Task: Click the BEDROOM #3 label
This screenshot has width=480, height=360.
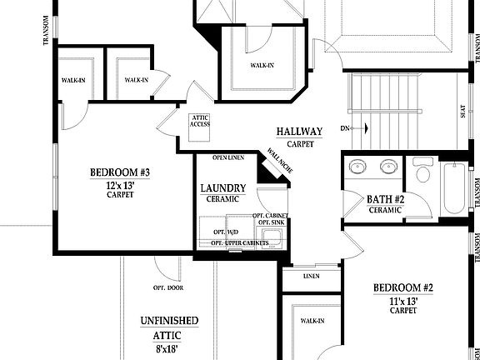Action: point(119,172)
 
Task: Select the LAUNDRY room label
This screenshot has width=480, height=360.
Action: point(222,188)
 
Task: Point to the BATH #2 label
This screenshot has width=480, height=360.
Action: point(385,198)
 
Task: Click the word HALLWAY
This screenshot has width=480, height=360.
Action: point(299,132)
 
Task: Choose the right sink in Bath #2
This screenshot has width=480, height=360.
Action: point(387,167)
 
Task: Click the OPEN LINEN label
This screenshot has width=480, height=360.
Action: point(227,157)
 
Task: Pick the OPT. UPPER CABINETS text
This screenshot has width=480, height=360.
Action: point(239,242)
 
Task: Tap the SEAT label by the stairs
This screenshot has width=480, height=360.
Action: point(462,112)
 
